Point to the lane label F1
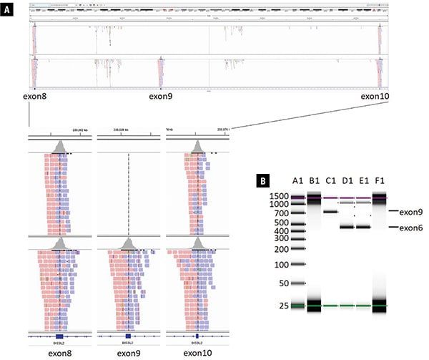[x=381, y=180]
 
